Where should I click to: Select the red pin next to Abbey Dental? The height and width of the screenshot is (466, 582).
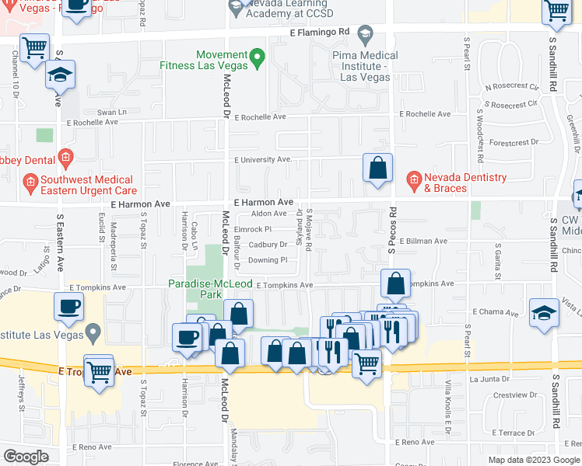coord(65,158)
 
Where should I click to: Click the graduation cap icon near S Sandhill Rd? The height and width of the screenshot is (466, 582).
coord(544,313)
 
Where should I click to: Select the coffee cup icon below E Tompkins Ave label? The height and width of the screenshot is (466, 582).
coord(68,305)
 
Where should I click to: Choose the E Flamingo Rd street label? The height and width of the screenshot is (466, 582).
coord(320,33)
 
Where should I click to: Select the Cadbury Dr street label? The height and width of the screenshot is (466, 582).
coord(268,245)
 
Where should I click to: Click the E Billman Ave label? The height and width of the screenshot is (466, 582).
coord(423,242)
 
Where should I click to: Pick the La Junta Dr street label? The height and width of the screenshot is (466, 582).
coord(489,379)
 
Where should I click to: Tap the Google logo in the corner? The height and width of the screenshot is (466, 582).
coord(26,457)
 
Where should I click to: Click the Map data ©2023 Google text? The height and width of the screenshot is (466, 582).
coord(534,460)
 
